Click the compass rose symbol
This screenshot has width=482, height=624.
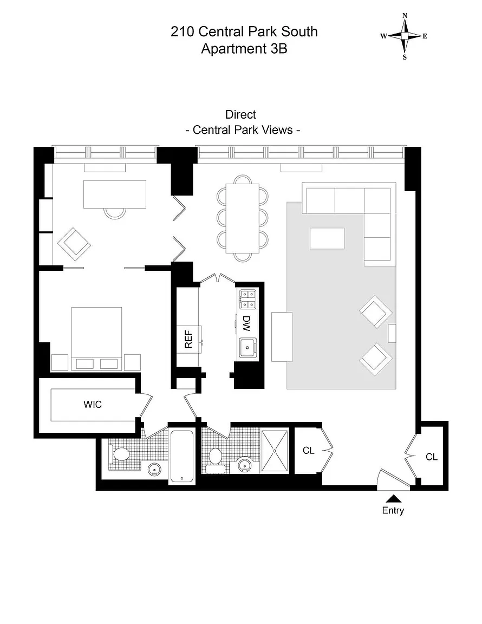pos(405,36)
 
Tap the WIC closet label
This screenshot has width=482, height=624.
pos(92,404)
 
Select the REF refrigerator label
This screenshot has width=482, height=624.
pos(188,340)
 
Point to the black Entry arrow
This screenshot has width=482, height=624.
pos(393,499)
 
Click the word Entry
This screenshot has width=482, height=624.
pos(393,510)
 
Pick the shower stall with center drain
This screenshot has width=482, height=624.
pos(276,450)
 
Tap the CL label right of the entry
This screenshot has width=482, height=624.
pos(431,457)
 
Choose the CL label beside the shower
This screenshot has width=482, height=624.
pos(309,451)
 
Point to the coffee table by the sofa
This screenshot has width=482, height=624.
pos(327,238)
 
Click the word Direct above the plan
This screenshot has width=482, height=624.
pos(240,115)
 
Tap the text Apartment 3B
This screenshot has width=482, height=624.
pos(244,49)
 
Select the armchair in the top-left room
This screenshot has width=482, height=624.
pos(74,244)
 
